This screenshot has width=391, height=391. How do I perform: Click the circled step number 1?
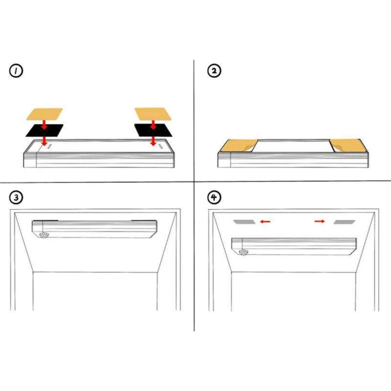(16, 71)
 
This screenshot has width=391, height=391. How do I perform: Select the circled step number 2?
(214, 71)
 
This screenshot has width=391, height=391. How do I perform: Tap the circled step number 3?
(16, 198)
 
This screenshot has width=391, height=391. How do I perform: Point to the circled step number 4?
(214, 198)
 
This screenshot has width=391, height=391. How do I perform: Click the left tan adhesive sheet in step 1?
(44, 114)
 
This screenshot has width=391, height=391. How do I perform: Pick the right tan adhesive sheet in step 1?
(153, 114)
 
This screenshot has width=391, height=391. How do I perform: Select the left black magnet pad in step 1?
(44, 130)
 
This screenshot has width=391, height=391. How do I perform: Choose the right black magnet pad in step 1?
(153, 130)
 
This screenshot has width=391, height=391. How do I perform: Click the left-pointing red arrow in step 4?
(265, 221)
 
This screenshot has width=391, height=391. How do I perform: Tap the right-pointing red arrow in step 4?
(320, 221)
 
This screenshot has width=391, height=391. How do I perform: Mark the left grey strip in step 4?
(244, 222)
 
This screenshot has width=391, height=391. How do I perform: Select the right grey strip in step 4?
(345, 222)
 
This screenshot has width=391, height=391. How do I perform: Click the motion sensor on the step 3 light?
(44, 235)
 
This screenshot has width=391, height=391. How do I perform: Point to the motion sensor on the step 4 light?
(243, 252)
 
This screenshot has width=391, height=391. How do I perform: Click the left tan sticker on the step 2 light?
(239, 146)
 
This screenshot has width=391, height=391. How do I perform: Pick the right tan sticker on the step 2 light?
(348, 146)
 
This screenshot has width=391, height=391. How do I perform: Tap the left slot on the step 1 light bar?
(50, 146)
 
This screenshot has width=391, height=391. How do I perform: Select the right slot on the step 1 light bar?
(161, 147)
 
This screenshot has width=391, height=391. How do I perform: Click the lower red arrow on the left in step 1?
(44, 141)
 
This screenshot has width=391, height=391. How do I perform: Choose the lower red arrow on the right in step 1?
(153, 141)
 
